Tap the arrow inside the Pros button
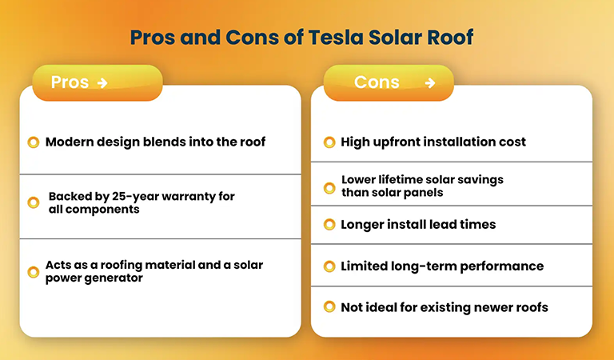pyautogui.click(x=102, y=83)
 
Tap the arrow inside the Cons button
pyautogui.click(x=430, y=83)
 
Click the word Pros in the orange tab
pyautogui.click(x=70, y=82)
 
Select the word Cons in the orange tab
pyautogui.click(x=377, y=82)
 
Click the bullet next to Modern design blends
pyautogui.click(x=33, y=142)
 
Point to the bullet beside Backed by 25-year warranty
pyautogui.click(x=33, y=202)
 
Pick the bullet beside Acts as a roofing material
pyautogui.click(x=33, y=272)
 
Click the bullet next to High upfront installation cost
pyautogui.click(x=329, y=142)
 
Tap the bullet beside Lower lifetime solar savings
pyautogui.click(x=329, y=187)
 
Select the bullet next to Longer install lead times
pyautogui.click(x=329, y=225)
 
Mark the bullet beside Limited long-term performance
pyautogui.click(x=329, y=266)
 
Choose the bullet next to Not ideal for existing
pyautogui.click(x=329, y=307)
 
